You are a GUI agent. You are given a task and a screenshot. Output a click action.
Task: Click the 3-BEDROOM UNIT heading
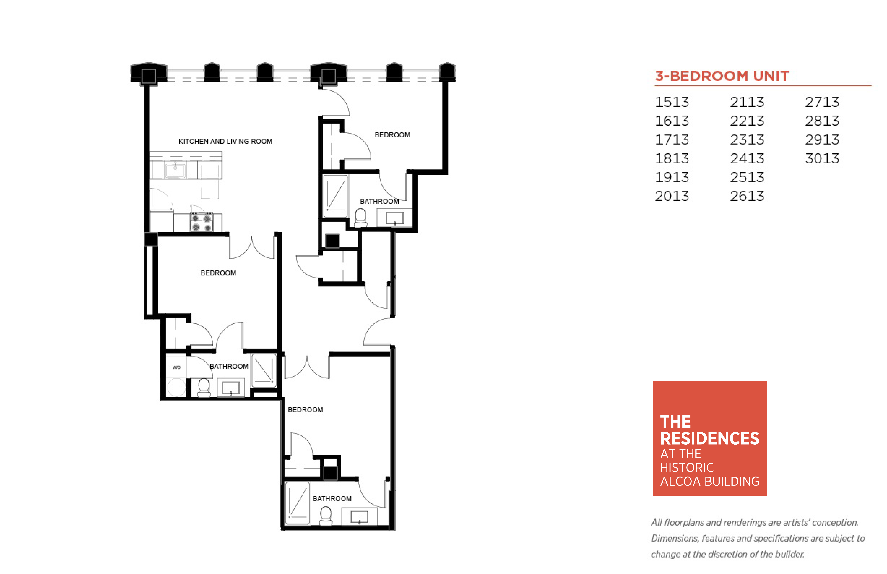point(722,76)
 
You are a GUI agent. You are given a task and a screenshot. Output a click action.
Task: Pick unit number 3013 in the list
point(822,158)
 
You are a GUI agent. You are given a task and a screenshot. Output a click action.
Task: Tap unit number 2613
point(747,196)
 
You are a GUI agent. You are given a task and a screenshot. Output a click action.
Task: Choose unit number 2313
point(747,140)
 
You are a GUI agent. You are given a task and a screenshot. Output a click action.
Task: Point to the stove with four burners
point(201,222)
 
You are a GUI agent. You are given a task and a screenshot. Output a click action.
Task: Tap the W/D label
point(176,368)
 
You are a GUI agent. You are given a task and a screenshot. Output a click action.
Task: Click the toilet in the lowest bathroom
point(326,516)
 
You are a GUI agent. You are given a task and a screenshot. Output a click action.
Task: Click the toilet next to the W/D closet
point(204,388)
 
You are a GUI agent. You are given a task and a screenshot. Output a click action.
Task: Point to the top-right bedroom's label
point(392,135)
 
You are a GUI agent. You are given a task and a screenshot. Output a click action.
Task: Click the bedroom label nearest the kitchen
point(218,273)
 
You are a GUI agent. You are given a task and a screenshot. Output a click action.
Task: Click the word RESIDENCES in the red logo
point(709,439)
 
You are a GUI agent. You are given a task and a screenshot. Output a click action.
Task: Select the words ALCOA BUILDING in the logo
point(709,482)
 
